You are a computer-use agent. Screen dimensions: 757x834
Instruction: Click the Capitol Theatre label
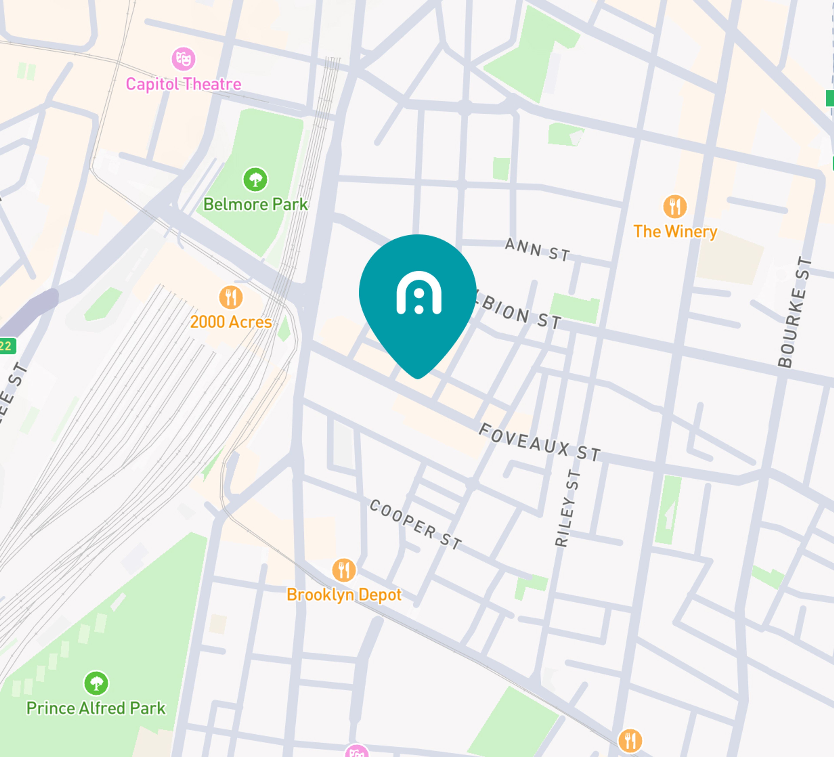click(183, 84)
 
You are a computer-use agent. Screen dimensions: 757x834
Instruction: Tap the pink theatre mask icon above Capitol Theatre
click(183, 59)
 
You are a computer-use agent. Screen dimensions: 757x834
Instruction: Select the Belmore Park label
click(255, 204)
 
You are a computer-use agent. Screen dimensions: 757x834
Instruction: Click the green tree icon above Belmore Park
click(255, 179)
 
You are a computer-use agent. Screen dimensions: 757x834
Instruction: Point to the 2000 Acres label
click(231, 322)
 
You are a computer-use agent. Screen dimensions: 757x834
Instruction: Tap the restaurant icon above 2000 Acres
click(231, 297)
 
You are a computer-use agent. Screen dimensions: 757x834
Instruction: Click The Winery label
click(675, 231)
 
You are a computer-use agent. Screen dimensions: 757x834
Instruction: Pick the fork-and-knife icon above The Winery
click(675, 206)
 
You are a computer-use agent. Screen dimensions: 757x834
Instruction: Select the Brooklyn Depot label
click(344, 595)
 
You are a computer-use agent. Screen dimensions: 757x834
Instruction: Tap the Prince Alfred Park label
click(96, 708)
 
